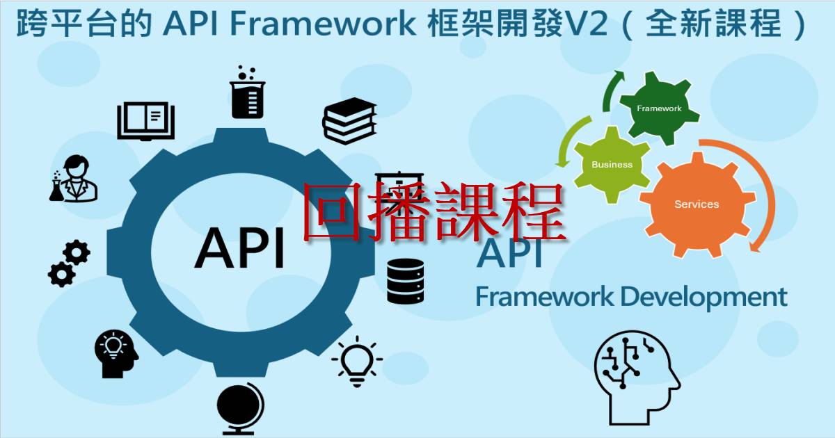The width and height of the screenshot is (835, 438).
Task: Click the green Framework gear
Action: (659, 108)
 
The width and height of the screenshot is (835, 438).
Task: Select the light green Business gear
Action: (612, 165)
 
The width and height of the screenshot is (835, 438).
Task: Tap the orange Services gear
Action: (697, 204)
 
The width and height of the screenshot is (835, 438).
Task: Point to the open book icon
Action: (145, 121)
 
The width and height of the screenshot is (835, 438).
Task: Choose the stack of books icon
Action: (349, 121)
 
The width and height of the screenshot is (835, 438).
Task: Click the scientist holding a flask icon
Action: (74, 179)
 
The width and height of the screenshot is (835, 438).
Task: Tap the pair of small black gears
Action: (70, 263)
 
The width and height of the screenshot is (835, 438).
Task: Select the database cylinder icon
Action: (405, 281)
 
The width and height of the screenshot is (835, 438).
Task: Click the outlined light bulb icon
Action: (357, 362)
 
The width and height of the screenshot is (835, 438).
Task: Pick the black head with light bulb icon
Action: (116, 354)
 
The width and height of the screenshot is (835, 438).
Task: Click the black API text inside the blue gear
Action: (239, 248)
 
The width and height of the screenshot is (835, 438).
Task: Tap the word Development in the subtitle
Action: (703, 298)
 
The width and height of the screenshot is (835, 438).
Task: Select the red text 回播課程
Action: (434, 212)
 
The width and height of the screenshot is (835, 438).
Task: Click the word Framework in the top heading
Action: (323, 24)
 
